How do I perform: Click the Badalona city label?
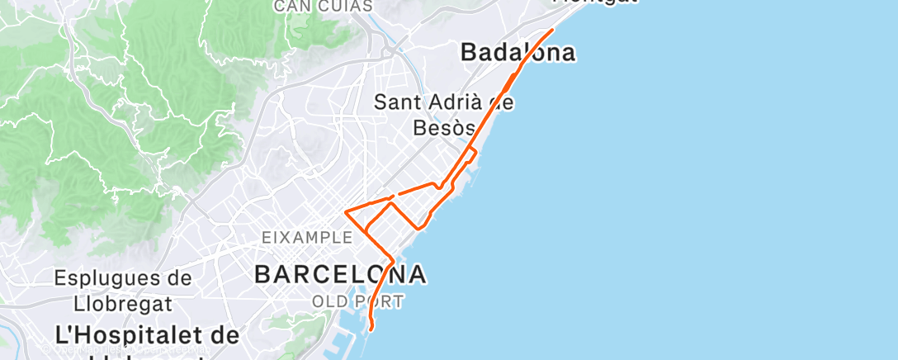(518, 53)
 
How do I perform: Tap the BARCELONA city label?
(340, 274)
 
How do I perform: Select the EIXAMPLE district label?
(307, 238)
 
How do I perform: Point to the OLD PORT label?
(357, 302)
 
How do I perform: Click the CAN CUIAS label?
(323, 7)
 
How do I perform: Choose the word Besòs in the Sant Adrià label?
(443, 128)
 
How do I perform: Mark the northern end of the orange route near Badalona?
(551, 30)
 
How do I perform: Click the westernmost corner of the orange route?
(346, 213)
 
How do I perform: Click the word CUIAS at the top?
(345, 7)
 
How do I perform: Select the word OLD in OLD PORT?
(327, 302)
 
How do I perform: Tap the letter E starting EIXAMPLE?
(266, 238)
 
